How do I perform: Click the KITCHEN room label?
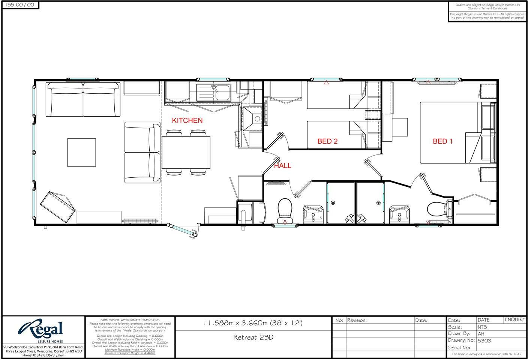(x=187, y=120)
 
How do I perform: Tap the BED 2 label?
(x=327, y=141)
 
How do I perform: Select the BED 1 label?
(x=442, y=141)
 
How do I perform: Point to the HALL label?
(x=282, y=166)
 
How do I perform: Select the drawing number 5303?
(x=484, y=341)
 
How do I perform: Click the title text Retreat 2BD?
(x=253, y=337)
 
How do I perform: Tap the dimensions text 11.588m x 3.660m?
(x=253, y=323)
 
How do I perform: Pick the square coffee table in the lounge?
(x=81, y=152)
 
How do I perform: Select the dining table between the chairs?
(x=186, y=152)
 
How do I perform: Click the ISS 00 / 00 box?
(x=20, y=5)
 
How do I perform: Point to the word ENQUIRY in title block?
(x=515, y=320)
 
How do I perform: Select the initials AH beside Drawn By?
(x=481, y=334)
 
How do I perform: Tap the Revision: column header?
(x=357, y=320)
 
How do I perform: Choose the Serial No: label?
(x=459, y=348)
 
